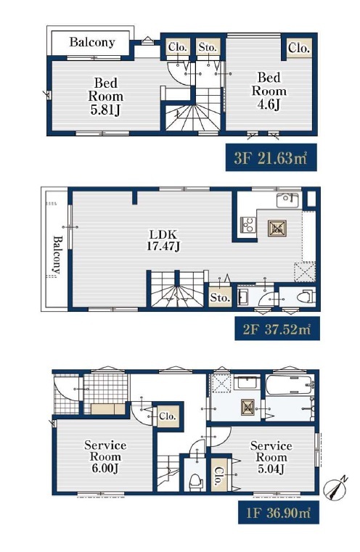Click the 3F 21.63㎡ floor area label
271,157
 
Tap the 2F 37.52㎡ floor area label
277,329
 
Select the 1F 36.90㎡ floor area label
278,512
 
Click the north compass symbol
336,487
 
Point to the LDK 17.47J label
163,240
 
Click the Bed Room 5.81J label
105,96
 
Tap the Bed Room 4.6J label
269,91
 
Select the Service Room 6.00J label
105,456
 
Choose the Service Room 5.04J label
271,457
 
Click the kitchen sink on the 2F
287,200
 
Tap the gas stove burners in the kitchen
248,225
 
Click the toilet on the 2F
305,297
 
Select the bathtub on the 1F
289,384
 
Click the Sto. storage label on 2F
220,298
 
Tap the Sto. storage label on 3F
208,47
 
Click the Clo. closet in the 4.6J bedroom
299,48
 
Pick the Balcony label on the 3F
92,42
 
